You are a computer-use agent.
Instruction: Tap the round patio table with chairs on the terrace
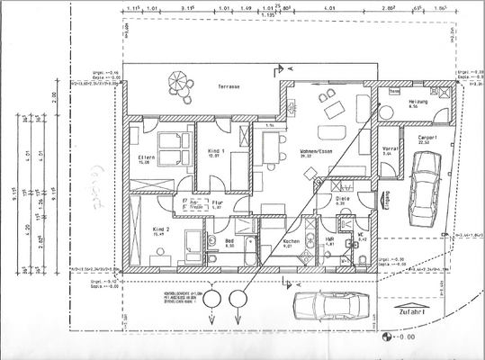(178, 82)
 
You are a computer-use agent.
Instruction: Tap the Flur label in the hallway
(216, 204)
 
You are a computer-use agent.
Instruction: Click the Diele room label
(342, 201)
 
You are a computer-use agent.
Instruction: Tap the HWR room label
(329, 241)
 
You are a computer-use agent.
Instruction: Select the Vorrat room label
(390, 150)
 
